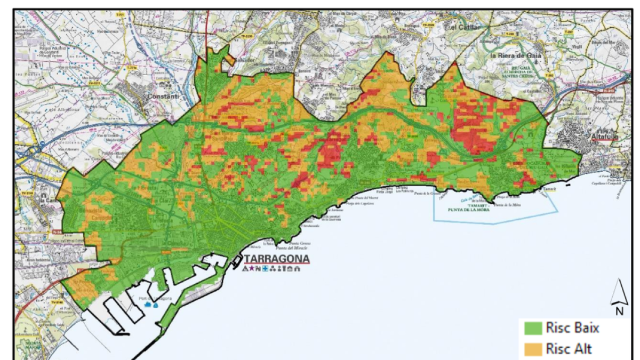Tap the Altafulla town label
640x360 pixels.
[604, 137]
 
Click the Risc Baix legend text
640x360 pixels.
[572, 327]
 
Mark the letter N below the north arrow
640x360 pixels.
[619, 310]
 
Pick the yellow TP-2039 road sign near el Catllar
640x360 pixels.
[428, 25]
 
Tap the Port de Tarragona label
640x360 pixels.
[155, 299]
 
